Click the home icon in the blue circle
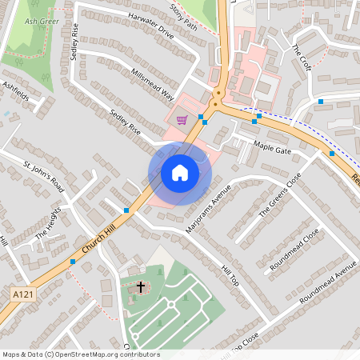(x=179, y=173)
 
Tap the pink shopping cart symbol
(x=182, y=121)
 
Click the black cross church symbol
(x=141, y=286)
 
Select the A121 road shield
(x=22, y=295)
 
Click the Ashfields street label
(x=15, y=93)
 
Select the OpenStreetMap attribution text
(x=80, y=354)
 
